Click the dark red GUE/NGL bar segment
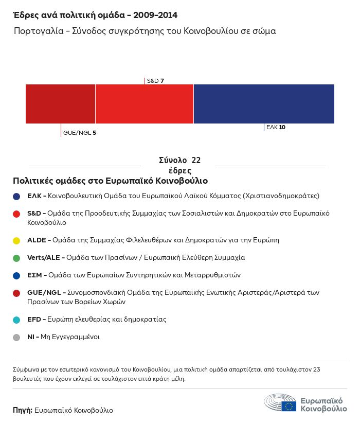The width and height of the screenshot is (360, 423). (x=60, y=104)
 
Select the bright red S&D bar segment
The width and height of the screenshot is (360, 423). (x=145, y=104)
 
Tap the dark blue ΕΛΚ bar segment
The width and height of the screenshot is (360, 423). (x=264, y=104)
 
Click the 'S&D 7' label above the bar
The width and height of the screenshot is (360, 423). (x=155, y=81)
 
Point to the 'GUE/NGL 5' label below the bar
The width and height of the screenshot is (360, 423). (x=80, y=133)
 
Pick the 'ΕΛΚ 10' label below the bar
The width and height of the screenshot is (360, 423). (x=276, y=127)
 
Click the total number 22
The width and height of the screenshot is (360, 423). (x=196, y=160)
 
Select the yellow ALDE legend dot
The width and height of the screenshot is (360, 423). (x=16, y=241)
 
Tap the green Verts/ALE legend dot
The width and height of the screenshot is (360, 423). (x=16, y=258)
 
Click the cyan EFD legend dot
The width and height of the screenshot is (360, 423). (x=16, y=320)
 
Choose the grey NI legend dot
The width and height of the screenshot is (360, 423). (x=16, y=338)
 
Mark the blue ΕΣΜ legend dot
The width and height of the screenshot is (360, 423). (x=16, y=276)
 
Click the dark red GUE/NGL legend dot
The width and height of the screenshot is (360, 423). (x=16, y=293)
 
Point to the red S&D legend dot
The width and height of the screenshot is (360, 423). (x=16, y=214)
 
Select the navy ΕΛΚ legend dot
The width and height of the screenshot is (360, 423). (x=16, y=197)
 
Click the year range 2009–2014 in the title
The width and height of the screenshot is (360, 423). (x=155, y=15)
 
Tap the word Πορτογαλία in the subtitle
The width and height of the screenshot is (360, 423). (x=39, y=31)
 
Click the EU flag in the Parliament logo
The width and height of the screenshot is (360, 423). (x=289, y=406)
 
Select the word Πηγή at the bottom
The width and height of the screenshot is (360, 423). (x=23, y=410)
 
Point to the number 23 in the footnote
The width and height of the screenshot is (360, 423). (x=317, y=369)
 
